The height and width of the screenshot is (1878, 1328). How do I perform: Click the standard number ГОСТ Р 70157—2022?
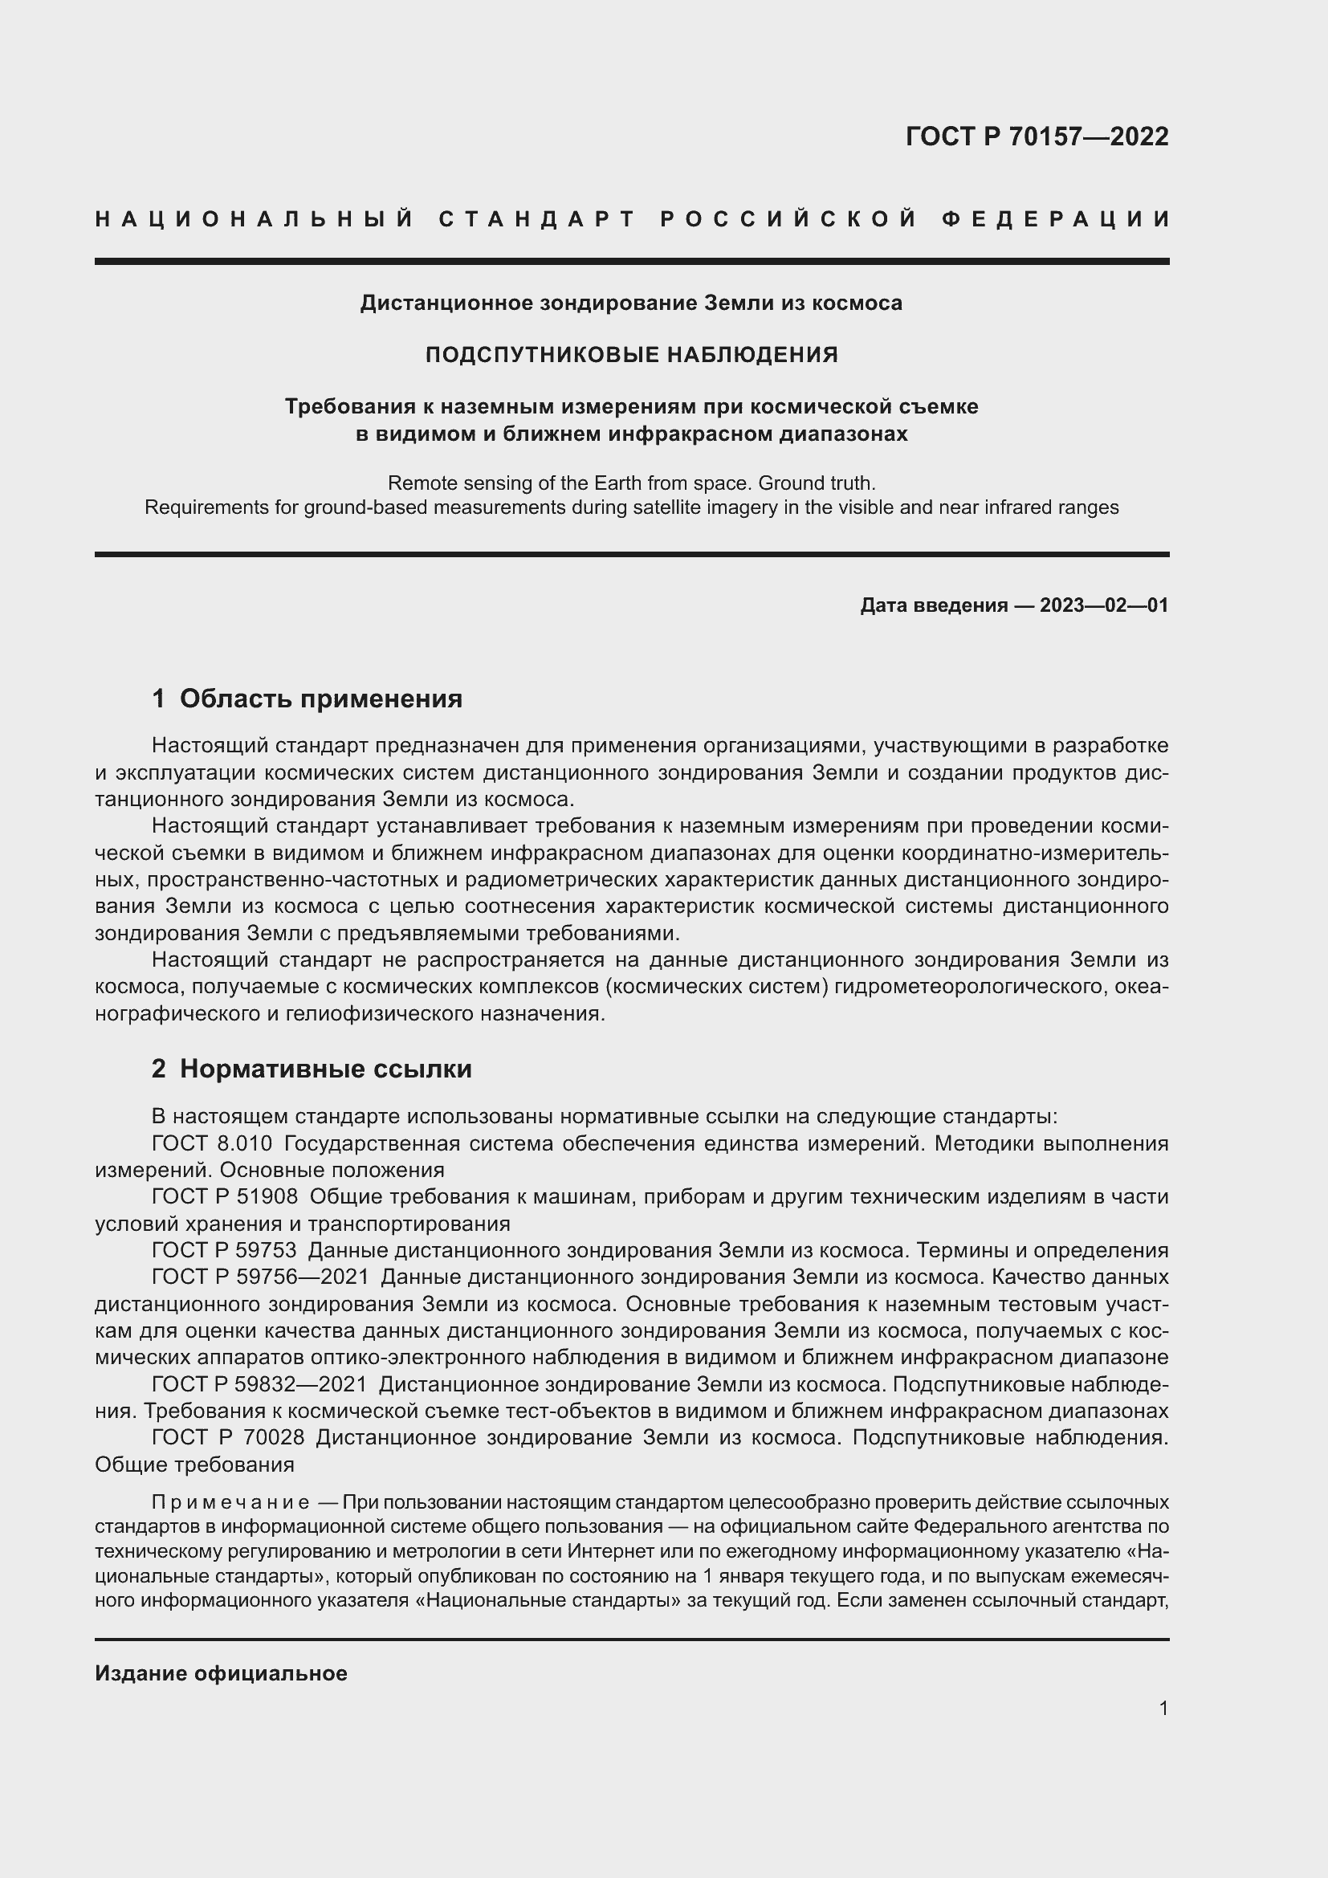pos(1037,136)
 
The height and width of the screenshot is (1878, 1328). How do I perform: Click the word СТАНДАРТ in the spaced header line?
pos(538,219)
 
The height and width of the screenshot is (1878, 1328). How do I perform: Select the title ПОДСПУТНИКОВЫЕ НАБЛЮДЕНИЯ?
pos(631,355)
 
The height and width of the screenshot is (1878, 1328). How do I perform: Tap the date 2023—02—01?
pos(1104,605)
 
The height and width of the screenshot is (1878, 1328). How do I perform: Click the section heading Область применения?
pos(320,699)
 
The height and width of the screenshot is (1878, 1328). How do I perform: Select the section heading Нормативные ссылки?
pos(325,1069)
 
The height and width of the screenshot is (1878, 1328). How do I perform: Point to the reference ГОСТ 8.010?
pos(212,1143)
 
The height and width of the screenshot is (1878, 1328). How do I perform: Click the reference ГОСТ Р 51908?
pos(225,1196)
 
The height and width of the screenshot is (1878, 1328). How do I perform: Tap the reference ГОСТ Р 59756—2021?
pos(260,1277)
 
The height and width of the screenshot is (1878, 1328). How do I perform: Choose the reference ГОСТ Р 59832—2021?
pos(259,1384)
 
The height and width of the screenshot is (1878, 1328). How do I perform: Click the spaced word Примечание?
pos(230,1502)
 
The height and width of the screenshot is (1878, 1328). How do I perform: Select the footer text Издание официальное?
pos(221,1673)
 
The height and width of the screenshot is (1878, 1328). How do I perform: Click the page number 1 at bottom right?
pos(1163,1709)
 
